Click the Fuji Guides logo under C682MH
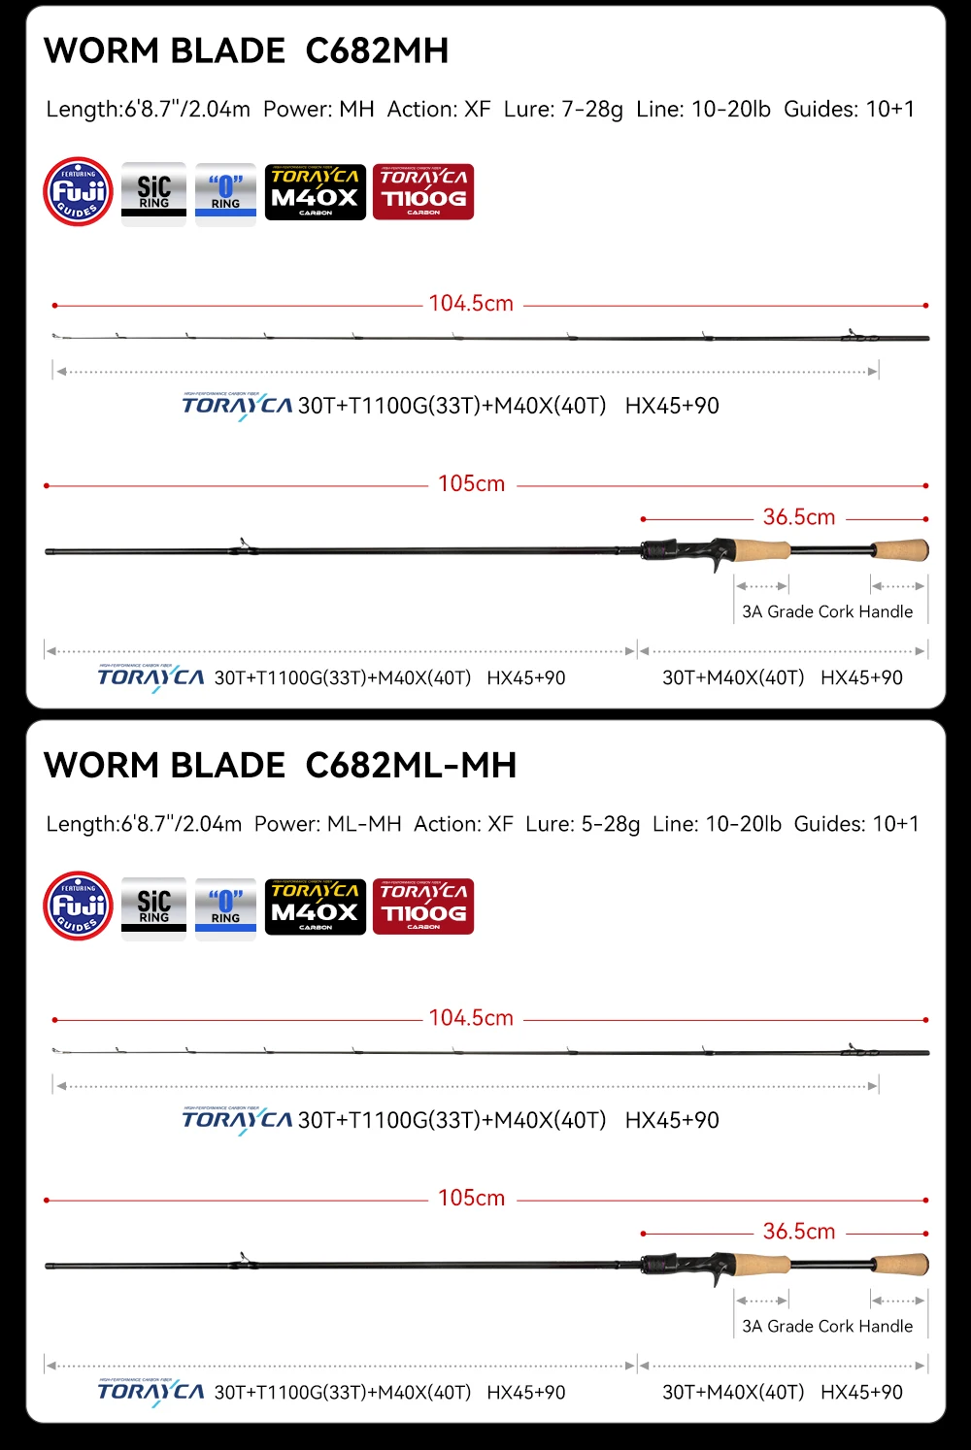pyautogui.click(x=79, y=192)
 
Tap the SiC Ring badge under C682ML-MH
pyautogui.click(x=153, y=907)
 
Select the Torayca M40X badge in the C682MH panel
pyautogui.click(x=316, y=192)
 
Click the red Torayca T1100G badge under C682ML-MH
pyautogui.click(x=423, y=907)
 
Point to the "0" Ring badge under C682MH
pyautogui.click(x=225, y=193)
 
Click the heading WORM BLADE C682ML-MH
pyautogui.click(x=280, y=765)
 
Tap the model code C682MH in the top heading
pyautogui.click(x=377, y=50)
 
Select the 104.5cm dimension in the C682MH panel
pyautogui.click(x=471, y=304)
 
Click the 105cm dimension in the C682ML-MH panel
pyautogui.click(x=471, y=1198)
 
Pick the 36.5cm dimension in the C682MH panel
pyautogui.click(x=798, y=517)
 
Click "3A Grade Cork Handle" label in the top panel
pyautogui.click(x=827, y=611)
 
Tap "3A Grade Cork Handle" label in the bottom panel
pyautogui.click(x=827, y=1326)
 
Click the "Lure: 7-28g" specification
pyautogui.click(x=563, y=109)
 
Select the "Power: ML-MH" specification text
pyautogui.click(x=328, y=824)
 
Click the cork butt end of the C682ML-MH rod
pyautogui.click(x=901, y=1264)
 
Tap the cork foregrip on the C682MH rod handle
pyautogui.click(x=762, y=550)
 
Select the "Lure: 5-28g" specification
pyautogui.click(x=583, y=824)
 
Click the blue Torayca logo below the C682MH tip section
pyautogui.click(x=237, y=406)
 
